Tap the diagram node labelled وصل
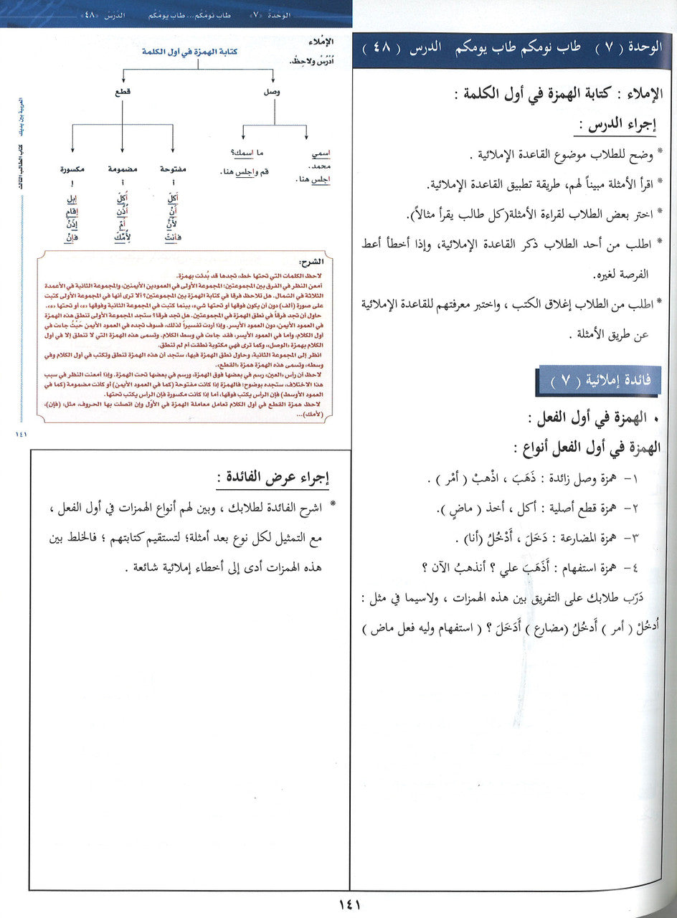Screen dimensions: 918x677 274,92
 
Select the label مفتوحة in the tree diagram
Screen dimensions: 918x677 174,169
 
